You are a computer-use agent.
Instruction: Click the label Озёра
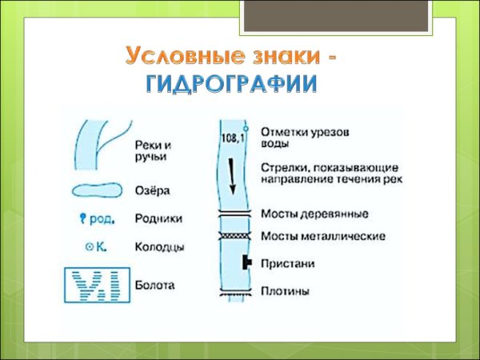tap(152, 192)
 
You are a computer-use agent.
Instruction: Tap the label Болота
tap(154, 284)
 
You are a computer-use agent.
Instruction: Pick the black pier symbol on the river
tap(247, 262)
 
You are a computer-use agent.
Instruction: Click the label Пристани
tap(287, 263)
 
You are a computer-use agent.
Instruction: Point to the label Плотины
tap(285, 291)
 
